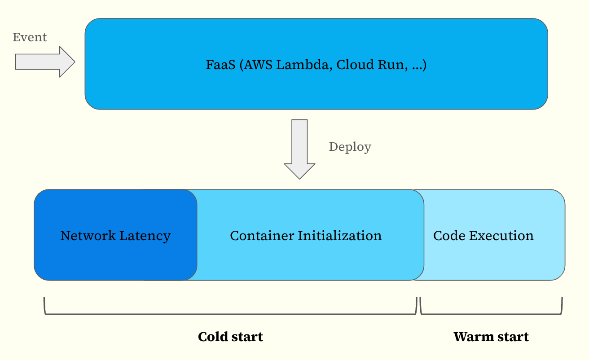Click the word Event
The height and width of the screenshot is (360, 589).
(30, 37)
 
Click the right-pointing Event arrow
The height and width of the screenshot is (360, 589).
(45, 62)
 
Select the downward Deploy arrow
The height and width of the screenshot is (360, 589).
(299, 149)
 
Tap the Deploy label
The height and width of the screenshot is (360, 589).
(350, 147)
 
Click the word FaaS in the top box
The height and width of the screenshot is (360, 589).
(220, 65)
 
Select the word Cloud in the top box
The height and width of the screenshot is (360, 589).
(355, 65)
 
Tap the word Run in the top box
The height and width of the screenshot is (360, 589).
(393, 65)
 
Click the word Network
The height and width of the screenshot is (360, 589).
(88, 236)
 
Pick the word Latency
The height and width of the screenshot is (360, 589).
(145, 236)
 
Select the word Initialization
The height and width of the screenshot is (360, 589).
(339, 236)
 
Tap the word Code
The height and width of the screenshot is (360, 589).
(449, 236)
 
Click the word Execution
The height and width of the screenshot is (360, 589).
(501, 236)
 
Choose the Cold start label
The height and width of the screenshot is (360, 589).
(230, 337)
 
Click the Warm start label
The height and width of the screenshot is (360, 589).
(491, 337)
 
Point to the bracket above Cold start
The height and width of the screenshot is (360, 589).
(230, 314)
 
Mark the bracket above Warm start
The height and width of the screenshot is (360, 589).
(491, 314)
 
